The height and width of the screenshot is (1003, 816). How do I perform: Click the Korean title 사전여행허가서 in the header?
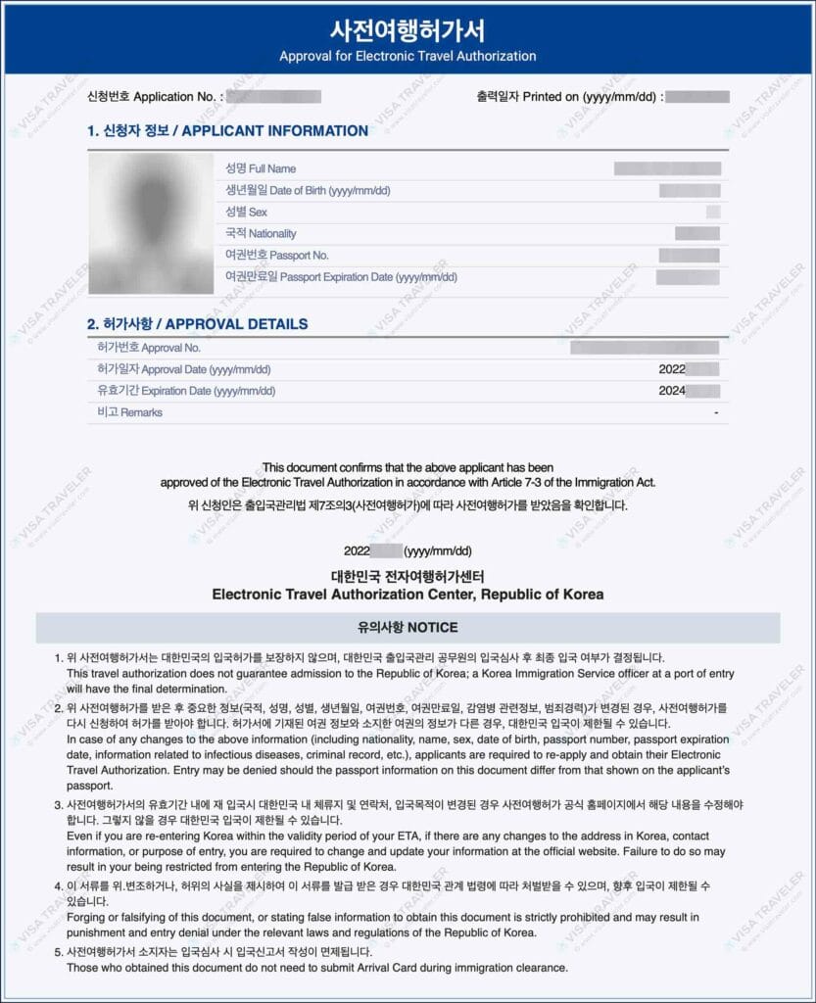(x=408, y=30)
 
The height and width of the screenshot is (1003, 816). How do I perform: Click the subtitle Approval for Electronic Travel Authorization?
(x=408, y=56)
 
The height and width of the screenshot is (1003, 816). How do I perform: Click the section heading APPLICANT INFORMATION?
(x=227, y=130)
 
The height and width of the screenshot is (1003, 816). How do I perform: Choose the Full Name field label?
(x=261, y=168)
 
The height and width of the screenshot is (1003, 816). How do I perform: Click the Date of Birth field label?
(x=308, y=190)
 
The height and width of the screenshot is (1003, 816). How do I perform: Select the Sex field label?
(x=246, y=212)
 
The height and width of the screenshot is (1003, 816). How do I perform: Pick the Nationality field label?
(x=261, y=233)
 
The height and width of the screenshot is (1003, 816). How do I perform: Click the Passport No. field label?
(x=277, y=255)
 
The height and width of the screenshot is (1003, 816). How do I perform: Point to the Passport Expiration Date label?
(x=341, y=276)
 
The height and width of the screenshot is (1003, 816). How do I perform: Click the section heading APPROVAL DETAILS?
(x=197, y=324)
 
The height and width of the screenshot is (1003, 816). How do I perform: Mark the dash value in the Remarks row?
(x=716, y=413)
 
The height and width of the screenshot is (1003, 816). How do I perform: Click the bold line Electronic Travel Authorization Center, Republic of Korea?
(x=408, y=595)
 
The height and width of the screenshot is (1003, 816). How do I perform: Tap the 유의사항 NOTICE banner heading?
(x=408, y=627)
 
